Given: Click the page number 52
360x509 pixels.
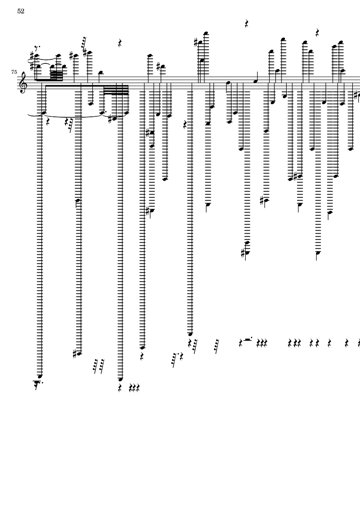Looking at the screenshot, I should click(21, 11).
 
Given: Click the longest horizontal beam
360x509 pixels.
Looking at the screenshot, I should click(86, 85).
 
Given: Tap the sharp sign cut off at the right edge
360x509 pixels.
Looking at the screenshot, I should click(357, 94).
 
